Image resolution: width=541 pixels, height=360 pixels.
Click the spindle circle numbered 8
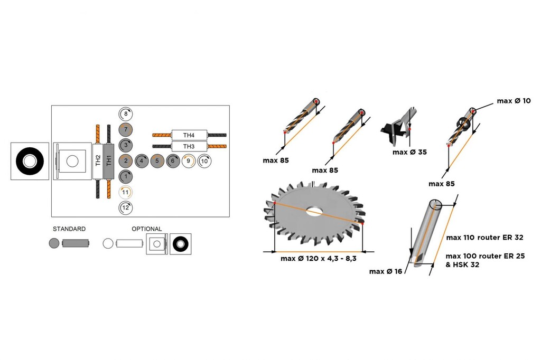(126, 113)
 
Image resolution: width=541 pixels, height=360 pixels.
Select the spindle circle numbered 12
(126, 207)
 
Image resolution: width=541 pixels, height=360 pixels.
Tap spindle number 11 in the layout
(126, 192)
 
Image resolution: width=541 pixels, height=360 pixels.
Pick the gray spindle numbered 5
(157, 160)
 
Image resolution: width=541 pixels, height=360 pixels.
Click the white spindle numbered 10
(204, 160)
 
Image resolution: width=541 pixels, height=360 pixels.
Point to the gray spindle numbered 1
(126, 176)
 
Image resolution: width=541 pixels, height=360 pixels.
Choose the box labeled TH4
(189, 135)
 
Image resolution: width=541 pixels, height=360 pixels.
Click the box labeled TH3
(189, 146)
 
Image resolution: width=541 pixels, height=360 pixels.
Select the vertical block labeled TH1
(109, 160)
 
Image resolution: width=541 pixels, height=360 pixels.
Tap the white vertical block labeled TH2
(98, 160)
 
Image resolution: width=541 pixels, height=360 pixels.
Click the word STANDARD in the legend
(69, 229)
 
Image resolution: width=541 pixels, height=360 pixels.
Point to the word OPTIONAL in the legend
(147, 229)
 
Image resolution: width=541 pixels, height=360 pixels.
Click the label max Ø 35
(409, 152)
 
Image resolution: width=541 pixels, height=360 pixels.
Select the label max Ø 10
(514, 101)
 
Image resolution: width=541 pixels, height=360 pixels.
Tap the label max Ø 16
(386, 271)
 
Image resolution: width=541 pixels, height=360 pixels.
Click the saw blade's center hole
(314, 211)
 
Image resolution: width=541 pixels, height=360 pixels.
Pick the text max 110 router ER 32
(485, 238)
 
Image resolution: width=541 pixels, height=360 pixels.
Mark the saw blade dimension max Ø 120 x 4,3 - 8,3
(319, 259)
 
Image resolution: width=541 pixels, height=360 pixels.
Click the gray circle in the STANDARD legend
(54, 243)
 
